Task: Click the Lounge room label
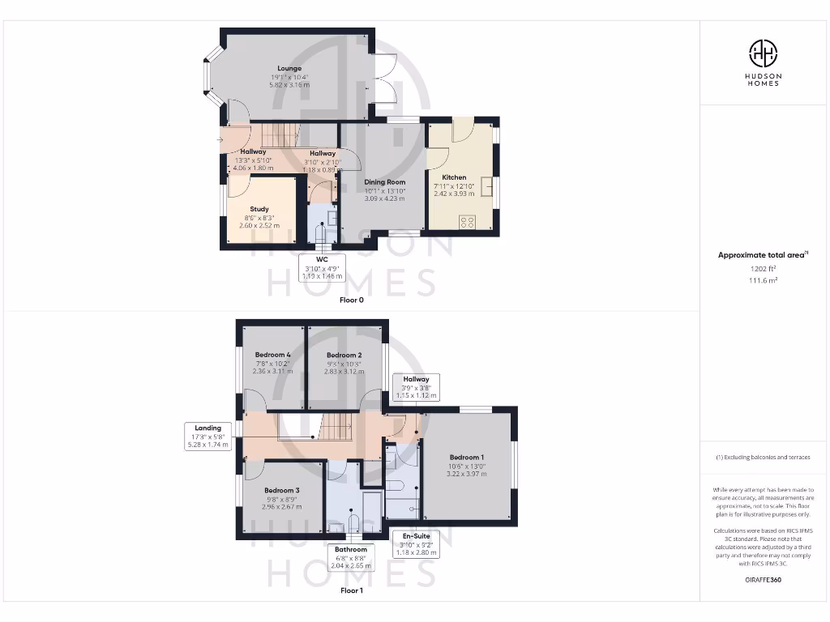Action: [x=289, y=69]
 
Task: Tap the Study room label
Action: [x=259, y=210]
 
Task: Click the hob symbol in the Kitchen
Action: [x=467, y=221]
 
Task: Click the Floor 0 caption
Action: [x=351, y=300]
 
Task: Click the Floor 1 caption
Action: [x=351, y=590]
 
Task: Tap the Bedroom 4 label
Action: [x=272, y=356]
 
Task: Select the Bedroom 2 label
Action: [x=344, y=356]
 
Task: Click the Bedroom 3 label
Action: [x=281, y=491]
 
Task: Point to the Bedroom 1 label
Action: [x=467, y=458]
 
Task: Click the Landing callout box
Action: [x=207, y=436]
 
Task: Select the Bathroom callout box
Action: [x=353, y=557]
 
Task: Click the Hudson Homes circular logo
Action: [x=763, y=53]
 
